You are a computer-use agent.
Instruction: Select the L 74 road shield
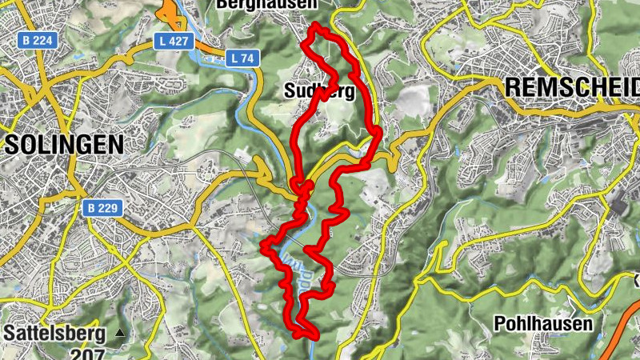(241, 58)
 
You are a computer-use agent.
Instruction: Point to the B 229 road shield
(101, 208)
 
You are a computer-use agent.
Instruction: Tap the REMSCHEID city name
(573, 86)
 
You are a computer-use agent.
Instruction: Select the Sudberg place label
(319, 90)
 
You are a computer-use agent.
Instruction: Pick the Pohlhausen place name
(543, 323)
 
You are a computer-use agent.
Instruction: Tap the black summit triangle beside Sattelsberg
(120, 332)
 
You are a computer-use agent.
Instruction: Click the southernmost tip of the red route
(304, 337)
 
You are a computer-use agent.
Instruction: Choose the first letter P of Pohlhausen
(499, 323)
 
